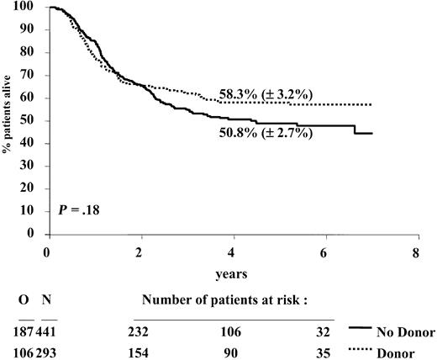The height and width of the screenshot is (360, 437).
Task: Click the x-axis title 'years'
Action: [x=233, y=272]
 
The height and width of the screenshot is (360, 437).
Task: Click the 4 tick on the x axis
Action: [x=233, y=251]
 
